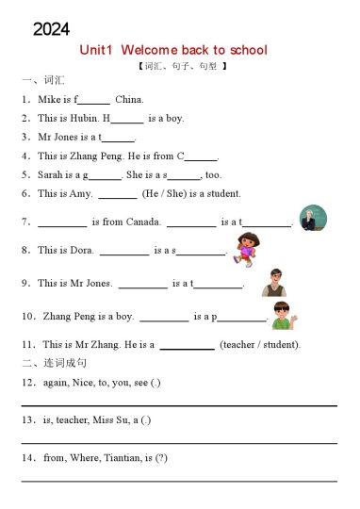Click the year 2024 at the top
pos(51,29)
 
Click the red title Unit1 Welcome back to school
pos(173,50)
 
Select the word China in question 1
pos(129,99)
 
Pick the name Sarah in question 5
pos(51,174)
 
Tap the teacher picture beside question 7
pos(312,218)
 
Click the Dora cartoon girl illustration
pos(244,247)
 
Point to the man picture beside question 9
pos(273,281)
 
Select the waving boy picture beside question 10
pos(282,315)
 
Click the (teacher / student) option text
pos(260,344)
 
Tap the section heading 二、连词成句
pos(54,363)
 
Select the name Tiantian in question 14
pos(132,458)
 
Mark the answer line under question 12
pos(179,405)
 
